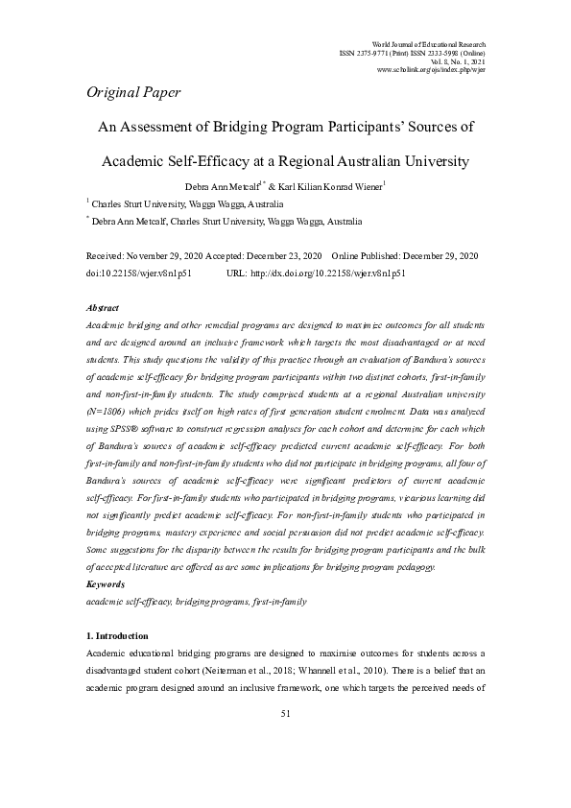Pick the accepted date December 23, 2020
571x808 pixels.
(x=278, y=256)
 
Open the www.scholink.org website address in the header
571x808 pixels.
(x=432, y=71)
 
